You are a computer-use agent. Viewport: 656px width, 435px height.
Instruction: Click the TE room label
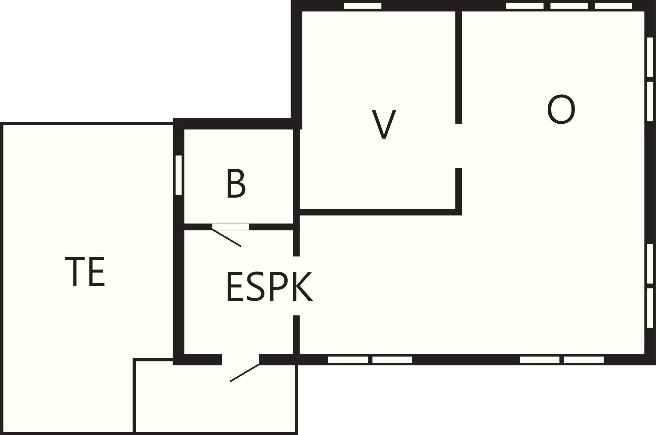click(85, 272)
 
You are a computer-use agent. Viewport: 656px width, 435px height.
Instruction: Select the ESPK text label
click(269, 286)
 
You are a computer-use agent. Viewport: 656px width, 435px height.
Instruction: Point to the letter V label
click(384, 124)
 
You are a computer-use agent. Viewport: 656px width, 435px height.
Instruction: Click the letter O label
click(561, 110)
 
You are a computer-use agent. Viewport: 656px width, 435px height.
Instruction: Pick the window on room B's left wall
click(179, 175)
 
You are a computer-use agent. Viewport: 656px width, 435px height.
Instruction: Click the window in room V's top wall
click(363, 6)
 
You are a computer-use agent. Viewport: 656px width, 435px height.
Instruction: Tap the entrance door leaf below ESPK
click(245, 373)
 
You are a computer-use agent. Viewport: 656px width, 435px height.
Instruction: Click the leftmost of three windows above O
click(525, 6)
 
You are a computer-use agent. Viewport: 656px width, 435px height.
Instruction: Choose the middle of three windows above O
click(569, 6)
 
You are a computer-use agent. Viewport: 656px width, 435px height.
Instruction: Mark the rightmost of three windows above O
click(613, 6)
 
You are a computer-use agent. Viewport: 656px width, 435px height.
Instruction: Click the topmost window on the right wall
click(650, 57)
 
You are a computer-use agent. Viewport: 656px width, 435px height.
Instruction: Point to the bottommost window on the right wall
click(650, 308)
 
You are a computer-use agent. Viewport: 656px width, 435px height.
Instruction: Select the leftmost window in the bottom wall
click(348, 360)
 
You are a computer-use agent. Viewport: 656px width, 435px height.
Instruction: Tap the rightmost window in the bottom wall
click(584, 360)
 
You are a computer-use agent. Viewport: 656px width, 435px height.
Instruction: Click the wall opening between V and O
click(459, 146)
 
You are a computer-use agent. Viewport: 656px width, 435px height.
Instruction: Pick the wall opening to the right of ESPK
click(297, 286)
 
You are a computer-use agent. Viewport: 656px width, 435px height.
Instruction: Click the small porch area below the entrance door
click(215, 398)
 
